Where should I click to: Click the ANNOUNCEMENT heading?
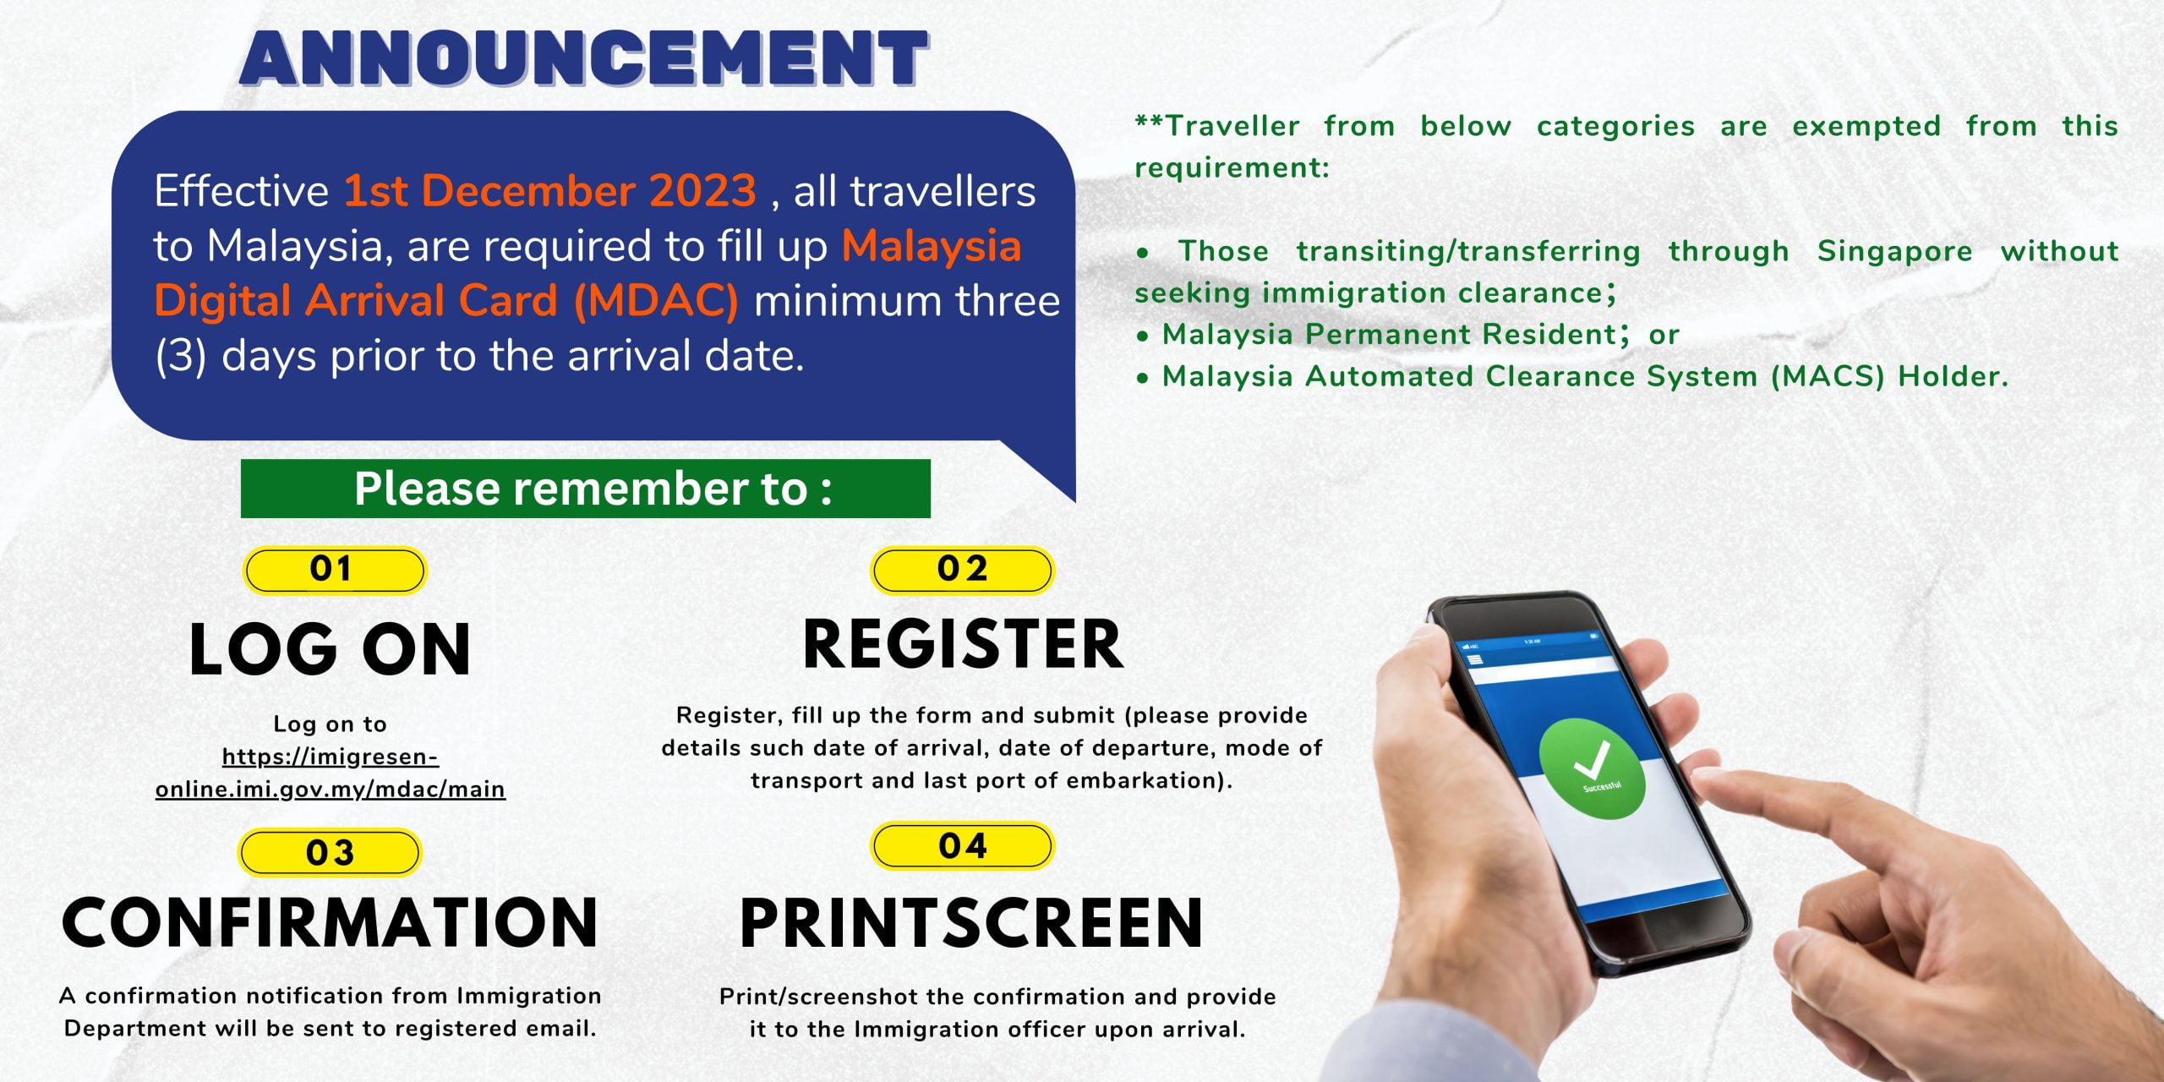click(x=584, y=57)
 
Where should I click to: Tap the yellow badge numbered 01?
click(x=335, y=571)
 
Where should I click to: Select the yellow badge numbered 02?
click(x=962, y=570)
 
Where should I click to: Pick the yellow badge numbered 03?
click(x=330, y=853)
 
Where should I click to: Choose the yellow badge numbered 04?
click(x=962, y=846)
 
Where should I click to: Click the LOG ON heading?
click(x=331, y=649)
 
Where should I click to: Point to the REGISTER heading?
click(x=963, y=644)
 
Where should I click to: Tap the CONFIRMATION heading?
click(x=331, y=921)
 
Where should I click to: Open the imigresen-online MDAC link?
click(x=331, y=773)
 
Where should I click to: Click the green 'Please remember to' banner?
click(x=585, y=489)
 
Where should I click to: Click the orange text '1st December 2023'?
click(x=549, y=191)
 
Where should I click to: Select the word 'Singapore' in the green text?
click(x=1894, y=251)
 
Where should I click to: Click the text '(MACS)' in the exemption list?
click(x=1828, y=376)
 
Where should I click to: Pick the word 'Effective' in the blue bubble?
click(x=241, y=191)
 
